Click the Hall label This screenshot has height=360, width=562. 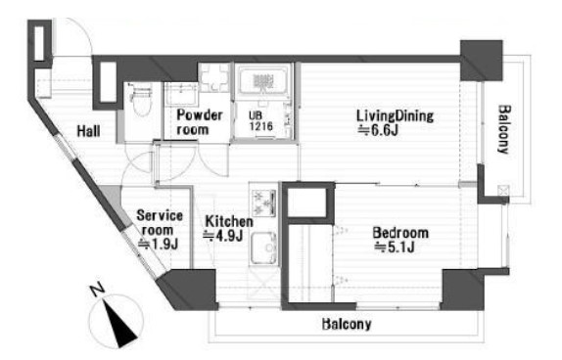[x=88, y=131]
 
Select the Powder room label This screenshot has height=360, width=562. [x=200, y=122]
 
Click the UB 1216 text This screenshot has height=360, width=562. [x=260, y=120]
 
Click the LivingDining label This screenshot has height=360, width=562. [x=395, y=116]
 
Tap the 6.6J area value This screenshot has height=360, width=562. [x=379, y=130]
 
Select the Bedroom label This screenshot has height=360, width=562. [x=400, y=233]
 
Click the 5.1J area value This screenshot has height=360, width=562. [x=395, y=247]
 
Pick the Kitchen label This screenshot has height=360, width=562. [x=229, y=221]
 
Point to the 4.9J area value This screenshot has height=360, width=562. [x=223, y=236]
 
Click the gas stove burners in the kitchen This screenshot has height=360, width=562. [x=264, y=202]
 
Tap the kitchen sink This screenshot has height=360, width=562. [x=264, y=248]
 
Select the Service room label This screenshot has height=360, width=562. [x=160, y=222]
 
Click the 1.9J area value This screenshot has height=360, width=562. [x=158, y=245]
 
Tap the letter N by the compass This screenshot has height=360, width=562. [x=97, y=290]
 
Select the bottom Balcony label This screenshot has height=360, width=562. [x=347, y=324]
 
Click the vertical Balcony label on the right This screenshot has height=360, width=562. [x=503, y=129]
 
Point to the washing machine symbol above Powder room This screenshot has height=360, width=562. [x=214, y=77]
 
